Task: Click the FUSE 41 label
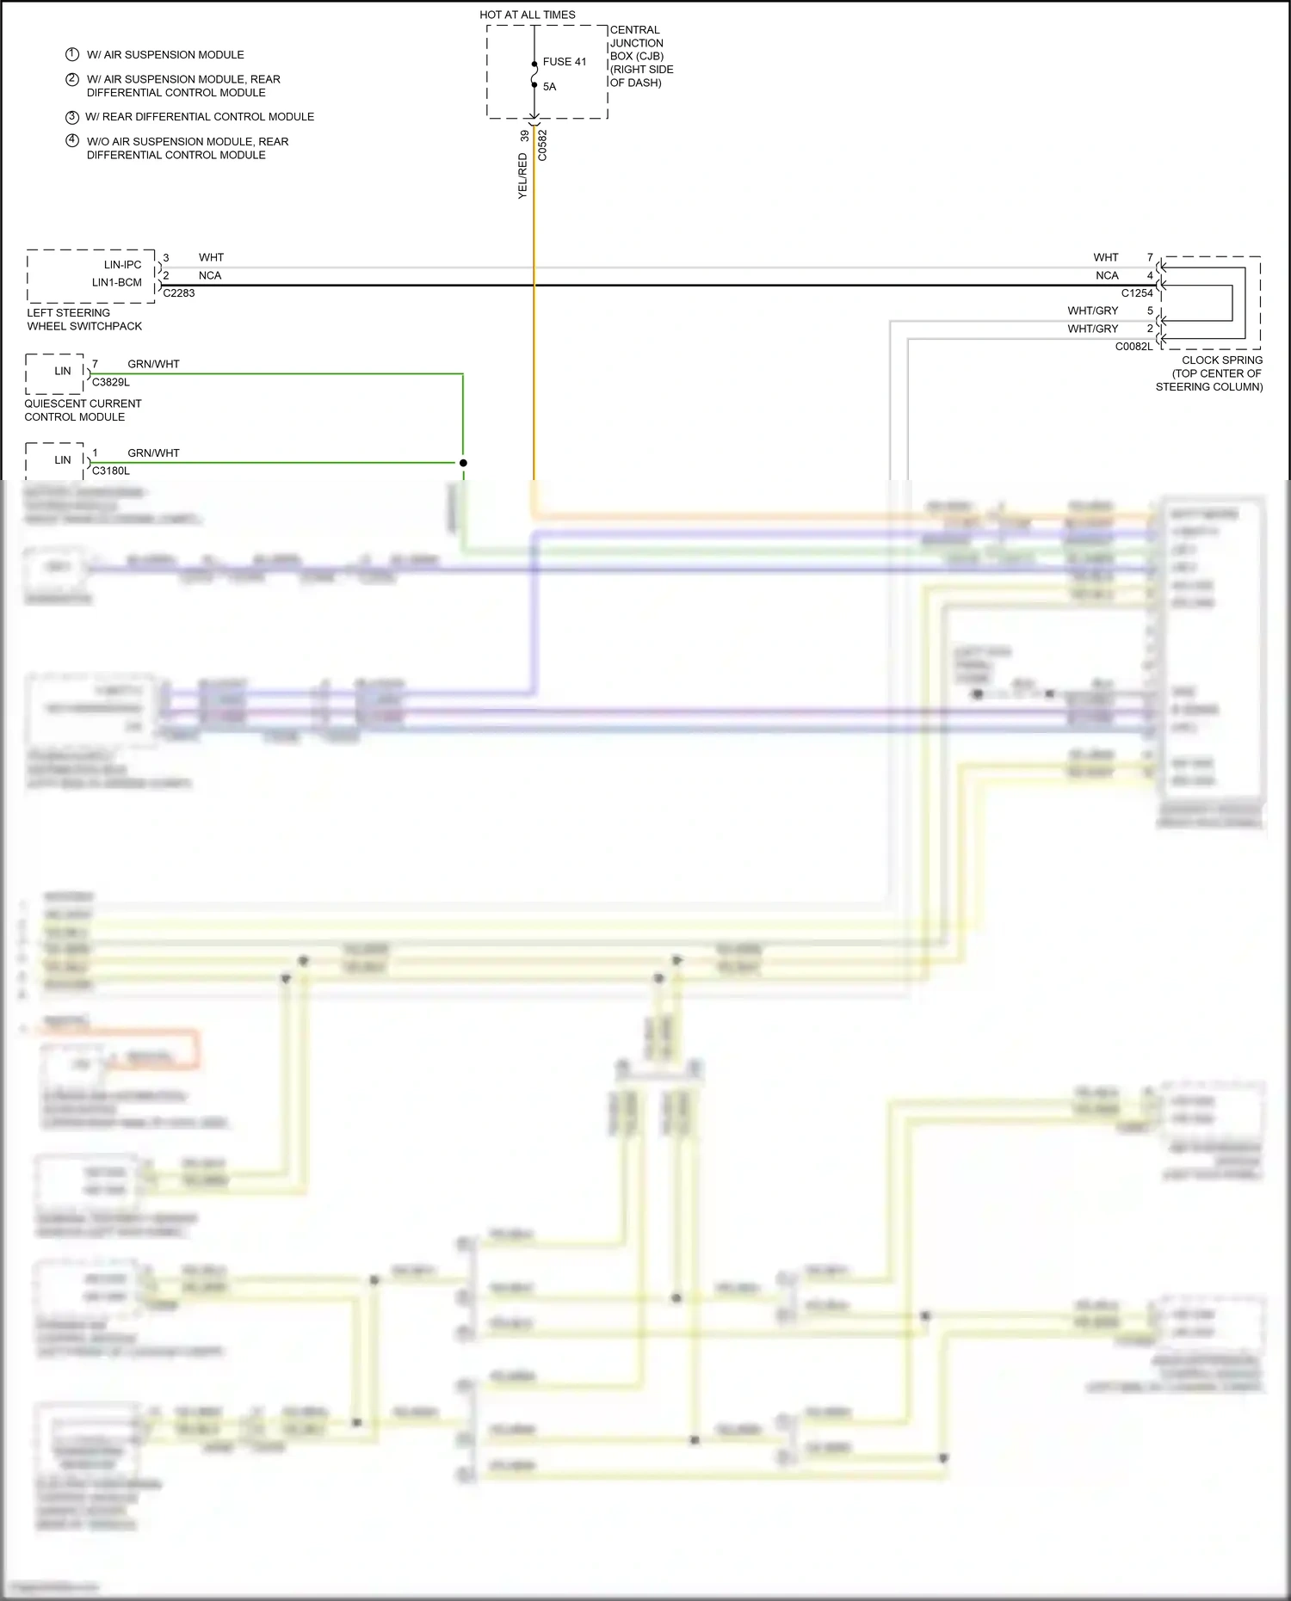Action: click(x=564, y=62)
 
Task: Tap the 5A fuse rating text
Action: click(x=549, y=87)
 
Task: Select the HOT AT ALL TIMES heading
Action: click(x=527, y=15)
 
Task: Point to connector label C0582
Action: click(x=542, y=145)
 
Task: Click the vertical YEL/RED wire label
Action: click(x=522, y=176)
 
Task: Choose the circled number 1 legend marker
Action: click(x=72, y=54)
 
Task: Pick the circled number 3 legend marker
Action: click(x=72, y=117)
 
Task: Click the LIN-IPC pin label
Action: click(x=122, y=265)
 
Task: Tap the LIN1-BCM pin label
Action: click(x=116, y=282)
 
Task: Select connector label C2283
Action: click(x=179, y=293)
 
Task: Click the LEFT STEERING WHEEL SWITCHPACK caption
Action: click(x=84, y=319)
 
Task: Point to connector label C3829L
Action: click(x=111, y=382)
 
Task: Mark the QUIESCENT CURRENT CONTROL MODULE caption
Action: click(x=83, y=410)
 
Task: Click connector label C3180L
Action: click(x=111, y=471)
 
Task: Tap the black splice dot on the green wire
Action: click(x=463, y=463)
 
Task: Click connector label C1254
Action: click(x=1136, y=293)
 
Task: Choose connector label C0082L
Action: click(x=1133, y=347)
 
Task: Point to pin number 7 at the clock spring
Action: click(x=1150, y=257)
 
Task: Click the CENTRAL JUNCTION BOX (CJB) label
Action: click(x=641, y=56)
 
